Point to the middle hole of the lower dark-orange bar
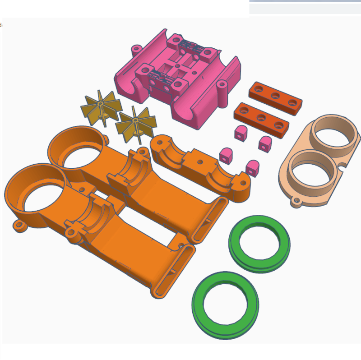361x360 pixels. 261,118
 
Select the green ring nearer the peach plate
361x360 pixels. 259,244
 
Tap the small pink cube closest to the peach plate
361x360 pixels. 265,143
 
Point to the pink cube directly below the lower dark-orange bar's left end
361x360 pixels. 240,133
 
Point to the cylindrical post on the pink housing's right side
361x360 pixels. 222,92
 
